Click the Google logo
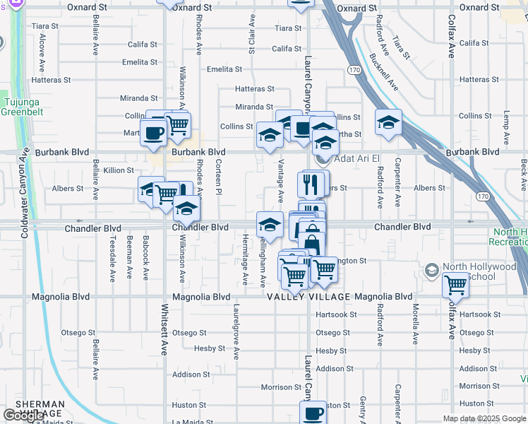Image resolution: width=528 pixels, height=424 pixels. (23, 416)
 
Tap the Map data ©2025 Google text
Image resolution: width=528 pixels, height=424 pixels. (484, 418)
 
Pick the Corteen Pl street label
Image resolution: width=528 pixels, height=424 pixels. (220, 177)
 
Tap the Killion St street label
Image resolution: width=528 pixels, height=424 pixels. (119, 170)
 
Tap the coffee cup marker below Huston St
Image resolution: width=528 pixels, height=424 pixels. (313, 413)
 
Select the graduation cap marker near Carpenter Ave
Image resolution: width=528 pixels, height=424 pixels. (388, 123)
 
